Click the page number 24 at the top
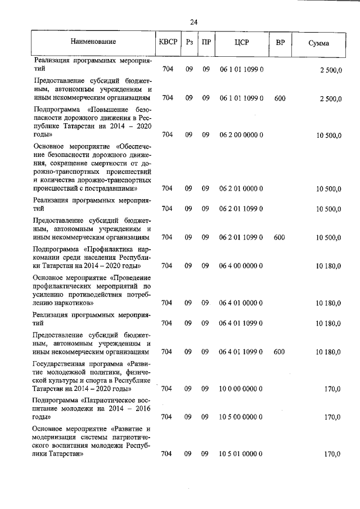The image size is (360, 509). point(193,22)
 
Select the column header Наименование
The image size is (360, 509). point(93,42)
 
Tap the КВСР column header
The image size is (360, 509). point(168,42)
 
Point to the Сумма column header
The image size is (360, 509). point(318,43)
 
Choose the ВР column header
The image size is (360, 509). point(279,42)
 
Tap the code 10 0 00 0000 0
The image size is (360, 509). point(242,388)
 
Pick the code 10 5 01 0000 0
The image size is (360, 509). point(242,453)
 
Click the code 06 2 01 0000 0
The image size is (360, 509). point(242,188)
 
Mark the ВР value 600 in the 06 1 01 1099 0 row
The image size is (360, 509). point(280,98)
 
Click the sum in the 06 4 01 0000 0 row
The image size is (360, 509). point(328,303)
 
